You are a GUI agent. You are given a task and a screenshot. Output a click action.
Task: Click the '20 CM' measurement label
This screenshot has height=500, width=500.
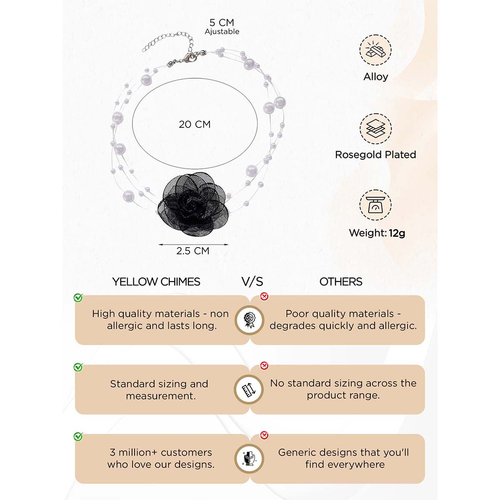click(x=195, y=124)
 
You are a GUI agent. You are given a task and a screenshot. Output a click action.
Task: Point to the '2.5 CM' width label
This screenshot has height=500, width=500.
click(x=192, y=251)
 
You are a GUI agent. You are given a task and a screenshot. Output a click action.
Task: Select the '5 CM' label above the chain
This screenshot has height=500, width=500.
click(x=222, y=22)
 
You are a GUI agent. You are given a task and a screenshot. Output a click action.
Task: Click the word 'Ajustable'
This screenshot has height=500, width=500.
click(x=222, y=32)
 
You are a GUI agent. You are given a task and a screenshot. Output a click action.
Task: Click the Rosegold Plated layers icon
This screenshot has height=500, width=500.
click(x=375, y=129)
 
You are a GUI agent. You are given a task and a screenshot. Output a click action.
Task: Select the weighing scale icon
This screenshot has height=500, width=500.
click(x=375, y=205)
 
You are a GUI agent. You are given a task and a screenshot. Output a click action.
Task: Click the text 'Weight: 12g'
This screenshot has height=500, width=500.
click(x=377, y=233)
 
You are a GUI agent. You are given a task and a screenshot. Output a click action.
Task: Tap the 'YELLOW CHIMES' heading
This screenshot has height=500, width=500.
click(x=156, y=282)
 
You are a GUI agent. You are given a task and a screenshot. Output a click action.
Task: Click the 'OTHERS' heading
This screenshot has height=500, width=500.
click(x=341, y=282)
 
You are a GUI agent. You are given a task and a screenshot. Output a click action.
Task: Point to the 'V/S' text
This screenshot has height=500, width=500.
click(x=252, y=282)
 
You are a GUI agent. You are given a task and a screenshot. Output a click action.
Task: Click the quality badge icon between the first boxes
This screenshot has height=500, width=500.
click(x=249, y=320)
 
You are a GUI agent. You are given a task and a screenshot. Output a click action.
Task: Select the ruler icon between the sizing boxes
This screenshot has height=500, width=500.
click(x=249, y=390)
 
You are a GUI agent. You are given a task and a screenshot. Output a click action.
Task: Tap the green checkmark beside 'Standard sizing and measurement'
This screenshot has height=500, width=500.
click(x=78, y=367)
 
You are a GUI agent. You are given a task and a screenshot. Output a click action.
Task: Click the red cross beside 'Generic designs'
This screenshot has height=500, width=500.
click(x=264, y=435)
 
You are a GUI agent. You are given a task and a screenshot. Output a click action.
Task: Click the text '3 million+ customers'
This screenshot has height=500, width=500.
click(x=161, y=452)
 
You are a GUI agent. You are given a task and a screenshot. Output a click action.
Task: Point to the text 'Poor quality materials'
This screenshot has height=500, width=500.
click(x=340, y=314)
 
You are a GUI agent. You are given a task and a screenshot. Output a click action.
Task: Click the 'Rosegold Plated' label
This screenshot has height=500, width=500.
click(x=375, y=155)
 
